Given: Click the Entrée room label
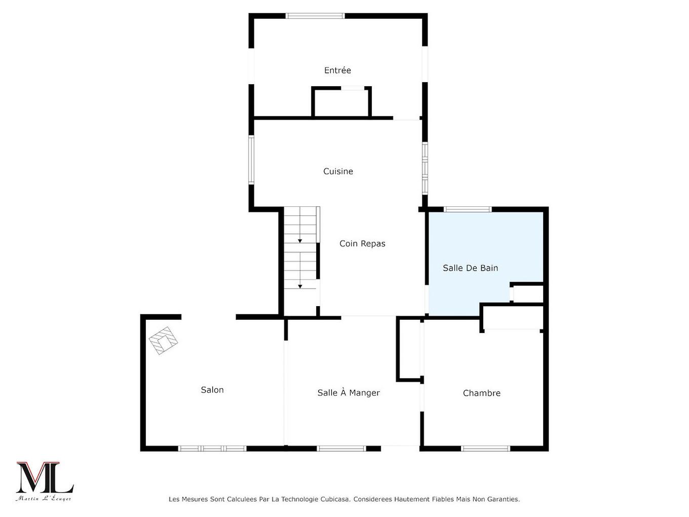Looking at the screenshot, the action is (x=337, y=70).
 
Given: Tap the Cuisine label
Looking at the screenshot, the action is (x=338, y=171).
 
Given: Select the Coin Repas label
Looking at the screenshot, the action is (x=362, y=244).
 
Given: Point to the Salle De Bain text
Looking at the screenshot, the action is (x=470, y=268).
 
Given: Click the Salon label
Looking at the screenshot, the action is (x=212, y=390).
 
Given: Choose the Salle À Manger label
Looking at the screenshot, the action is (x=349, y=392).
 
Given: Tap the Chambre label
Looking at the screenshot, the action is (x=481, y=393).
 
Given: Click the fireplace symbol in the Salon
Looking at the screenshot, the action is (x=163, y=341).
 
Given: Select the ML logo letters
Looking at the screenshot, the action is (x=45, y=477).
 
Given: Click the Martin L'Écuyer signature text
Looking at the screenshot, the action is (x=44, y=498).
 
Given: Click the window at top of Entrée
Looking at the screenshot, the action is (x=315, y=16).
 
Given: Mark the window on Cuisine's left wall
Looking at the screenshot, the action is (x=251, y=160).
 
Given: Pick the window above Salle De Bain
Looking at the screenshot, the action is (x=468, y=209).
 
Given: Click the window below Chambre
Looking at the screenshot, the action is (x=486, y=449).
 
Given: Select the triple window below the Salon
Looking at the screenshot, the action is (x=212, y=449).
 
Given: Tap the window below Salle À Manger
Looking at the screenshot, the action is (x=341, y=449).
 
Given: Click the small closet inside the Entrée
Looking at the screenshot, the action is (x=341, y=102).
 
